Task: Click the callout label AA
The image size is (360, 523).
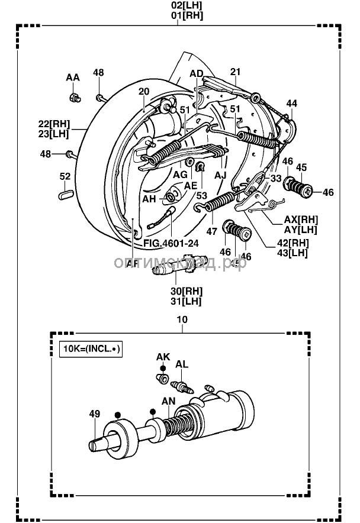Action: point(72,78)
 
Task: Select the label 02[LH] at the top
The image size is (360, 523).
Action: point(187,7)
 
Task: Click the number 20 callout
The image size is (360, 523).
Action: point(144,92)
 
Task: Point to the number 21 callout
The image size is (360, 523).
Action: point(236,72)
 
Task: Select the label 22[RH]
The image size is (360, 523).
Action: point(54,124)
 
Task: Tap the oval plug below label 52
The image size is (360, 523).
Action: point(65,192)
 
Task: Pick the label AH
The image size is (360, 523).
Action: point(149,199)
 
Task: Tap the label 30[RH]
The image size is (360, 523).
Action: point(185,291)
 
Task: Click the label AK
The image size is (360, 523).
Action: point(163,357)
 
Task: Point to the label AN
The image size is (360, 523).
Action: point(169,401)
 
